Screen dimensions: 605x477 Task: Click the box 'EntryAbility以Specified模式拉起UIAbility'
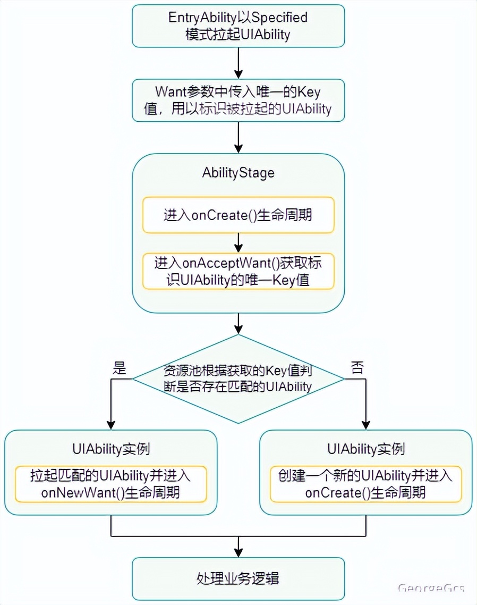[238, 26]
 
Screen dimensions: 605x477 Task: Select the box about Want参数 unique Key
[238, 100]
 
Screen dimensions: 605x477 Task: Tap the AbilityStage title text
[238, 173]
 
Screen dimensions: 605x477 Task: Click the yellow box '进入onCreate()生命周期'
[238, 215]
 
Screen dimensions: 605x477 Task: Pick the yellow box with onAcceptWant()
[238, 271]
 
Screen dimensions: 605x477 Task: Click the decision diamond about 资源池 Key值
[238, 379]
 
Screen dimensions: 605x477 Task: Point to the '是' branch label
[120, 368]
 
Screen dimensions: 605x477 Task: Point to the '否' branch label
[357, 368]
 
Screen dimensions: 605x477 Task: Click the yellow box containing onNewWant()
[110, 484]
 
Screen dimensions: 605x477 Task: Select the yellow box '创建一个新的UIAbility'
[365, 484]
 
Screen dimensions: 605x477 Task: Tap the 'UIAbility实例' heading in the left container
[110, 449]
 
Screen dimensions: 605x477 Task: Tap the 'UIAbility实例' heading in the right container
[365, 449]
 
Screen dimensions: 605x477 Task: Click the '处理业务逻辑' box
[238, 578]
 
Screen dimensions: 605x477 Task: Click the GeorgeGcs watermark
[431, 588]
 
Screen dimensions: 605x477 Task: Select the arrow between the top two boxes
[238, 63]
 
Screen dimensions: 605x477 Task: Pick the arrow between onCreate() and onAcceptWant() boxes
[238, 243]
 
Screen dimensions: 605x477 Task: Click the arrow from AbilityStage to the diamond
[238, 323]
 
